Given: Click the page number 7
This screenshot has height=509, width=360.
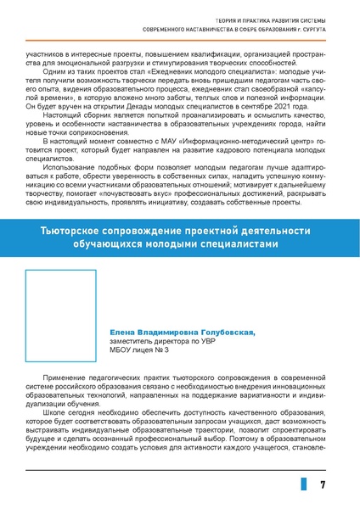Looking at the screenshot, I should (x=323, y=484).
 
